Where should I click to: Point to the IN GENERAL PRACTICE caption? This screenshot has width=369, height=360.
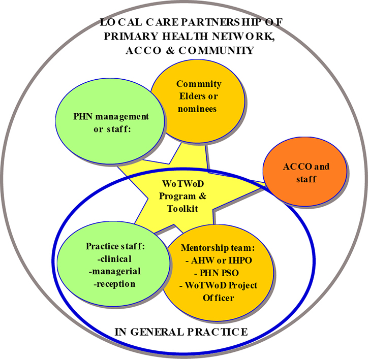point(181,332)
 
